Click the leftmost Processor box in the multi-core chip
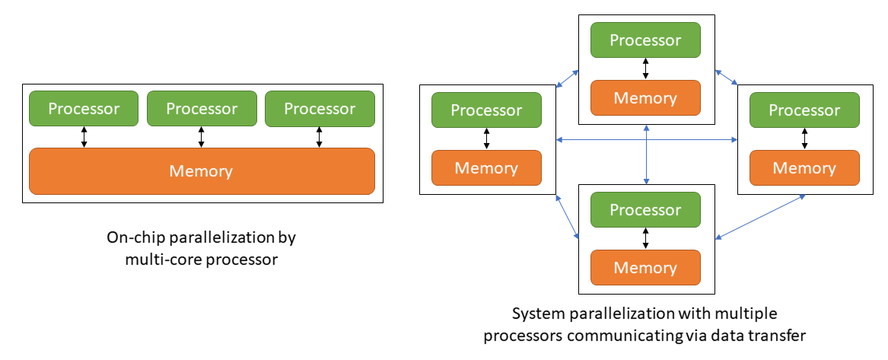coord(84,109)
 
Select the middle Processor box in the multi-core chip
coord(202,109)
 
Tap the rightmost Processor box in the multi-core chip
coord(320,109)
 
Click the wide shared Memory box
coord(202,171)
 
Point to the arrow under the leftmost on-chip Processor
coord(84,137)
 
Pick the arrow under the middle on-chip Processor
coord(202,137)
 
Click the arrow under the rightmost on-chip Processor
coord(320,137)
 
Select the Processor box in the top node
coord(645,40)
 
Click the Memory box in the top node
coord(645,98)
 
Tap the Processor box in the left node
coord(486,110)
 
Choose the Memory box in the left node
coord(486,168)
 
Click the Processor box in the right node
coord(804,110)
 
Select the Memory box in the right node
coord(804,168)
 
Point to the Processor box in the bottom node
coord(645,210)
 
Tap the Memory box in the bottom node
coord(645,268)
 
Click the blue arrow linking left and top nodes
coord(568,78)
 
